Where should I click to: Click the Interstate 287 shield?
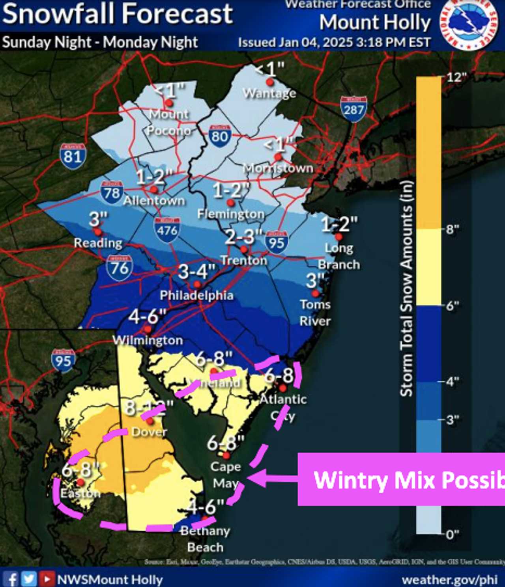[x=353, y=108]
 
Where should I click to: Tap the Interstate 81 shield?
[x=73, y=156]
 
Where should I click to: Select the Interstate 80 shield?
[x=220, y=136]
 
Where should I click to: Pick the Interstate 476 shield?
[x=167, y=229]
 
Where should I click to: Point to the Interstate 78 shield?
[x=112, y=192]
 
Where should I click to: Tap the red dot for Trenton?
[x=244, y=249]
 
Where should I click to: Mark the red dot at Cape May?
[x=226, y=456]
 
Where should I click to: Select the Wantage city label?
[x=269, y=93]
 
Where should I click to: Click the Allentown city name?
[x=154, y=200]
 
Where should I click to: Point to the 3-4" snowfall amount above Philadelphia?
[x=197, y=272]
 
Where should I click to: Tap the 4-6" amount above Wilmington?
[x=148, y=316]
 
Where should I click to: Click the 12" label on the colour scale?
[x=456, y=77]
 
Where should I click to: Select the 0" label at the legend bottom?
[x=452, y=535]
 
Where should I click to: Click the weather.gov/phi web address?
[x=449, y=580]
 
